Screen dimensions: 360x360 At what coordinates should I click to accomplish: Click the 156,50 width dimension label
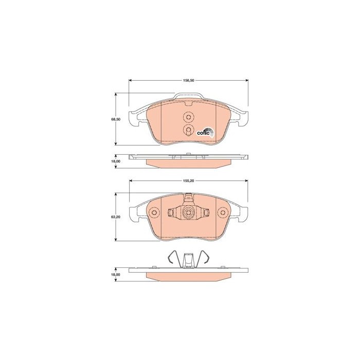point(189,81)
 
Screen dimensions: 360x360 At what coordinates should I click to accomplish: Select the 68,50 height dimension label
point(116,119)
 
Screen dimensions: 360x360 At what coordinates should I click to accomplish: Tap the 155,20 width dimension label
point(189,181)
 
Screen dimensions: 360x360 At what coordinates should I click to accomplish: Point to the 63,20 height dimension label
point(116,217)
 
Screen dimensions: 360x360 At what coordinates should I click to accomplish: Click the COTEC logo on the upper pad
point(206,132)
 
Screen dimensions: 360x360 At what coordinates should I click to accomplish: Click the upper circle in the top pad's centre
point(189,117)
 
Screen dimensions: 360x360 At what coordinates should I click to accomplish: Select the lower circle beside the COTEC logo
point(188,130)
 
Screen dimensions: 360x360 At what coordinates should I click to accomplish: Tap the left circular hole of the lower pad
point(154,212)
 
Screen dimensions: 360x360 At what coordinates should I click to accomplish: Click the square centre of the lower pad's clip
point(188,212)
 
